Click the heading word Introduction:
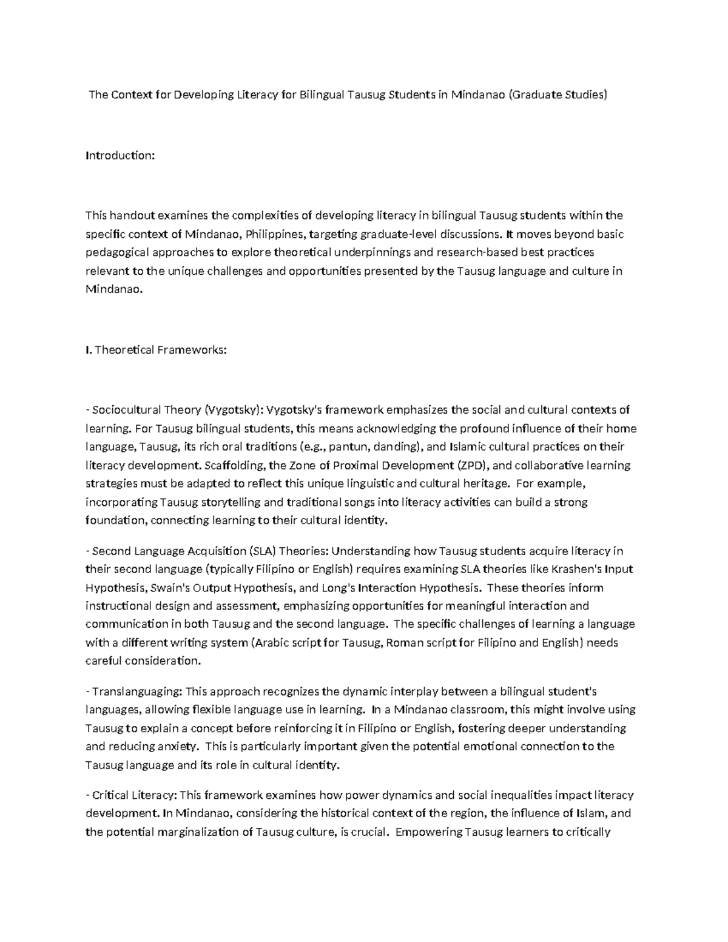(120, 155)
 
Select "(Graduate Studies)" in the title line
(558, 95)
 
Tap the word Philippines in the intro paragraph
(277, 234)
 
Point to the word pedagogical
(115, 252)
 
